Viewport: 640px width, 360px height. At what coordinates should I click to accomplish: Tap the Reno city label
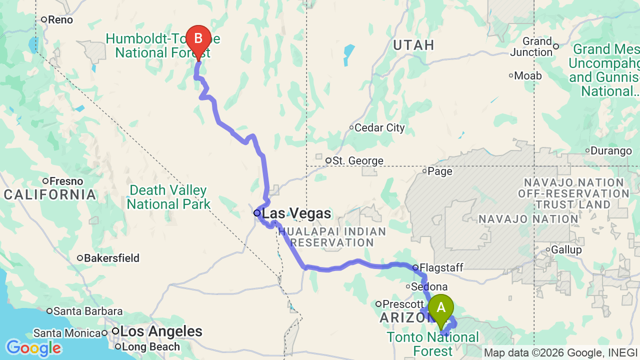60,20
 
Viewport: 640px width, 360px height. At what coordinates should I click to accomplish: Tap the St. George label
357,161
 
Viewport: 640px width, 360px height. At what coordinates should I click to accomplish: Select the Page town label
440,171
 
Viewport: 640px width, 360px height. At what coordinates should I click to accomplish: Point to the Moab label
528,76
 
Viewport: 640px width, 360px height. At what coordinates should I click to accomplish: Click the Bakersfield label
111,258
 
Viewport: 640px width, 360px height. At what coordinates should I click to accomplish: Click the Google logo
33,348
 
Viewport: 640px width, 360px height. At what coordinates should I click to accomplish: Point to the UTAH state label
413,45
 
